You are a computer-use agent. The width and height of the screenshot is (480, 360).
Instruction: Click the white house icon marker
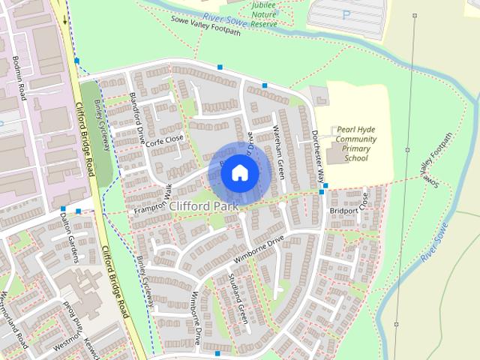click(238, 172)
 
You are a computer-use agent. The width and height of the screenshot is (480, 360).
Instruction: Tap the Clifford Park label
click(204, 205)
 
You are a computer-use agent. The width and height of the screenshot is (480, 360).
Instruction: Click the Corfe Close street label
click(165, 139)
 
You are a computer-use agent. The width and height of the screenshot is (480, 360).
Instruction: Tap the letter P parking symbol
click(346, 14)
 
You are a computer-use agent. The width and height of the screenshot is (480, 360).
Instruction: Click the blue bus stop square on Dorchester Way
click(322, 192)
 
